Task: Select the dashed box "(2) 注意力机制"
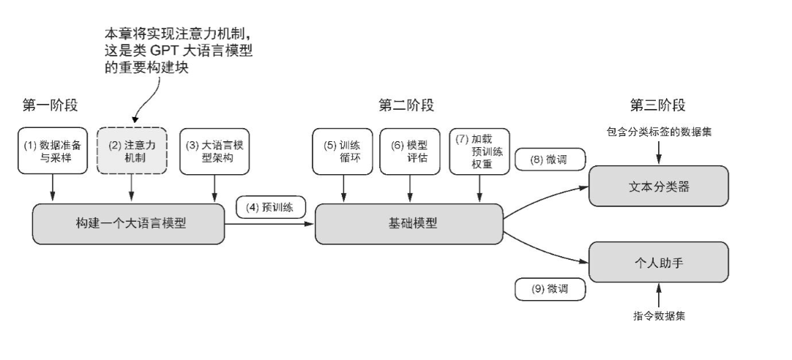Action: point(132,150)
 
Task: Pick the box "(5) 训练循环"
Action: point(342,150)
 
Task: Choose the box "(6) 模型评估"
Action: point(409,150)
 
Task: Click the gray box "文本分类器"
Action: point(660,186)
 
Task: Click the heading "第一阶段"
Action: point(50,105)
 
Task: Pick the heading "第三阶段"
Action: point(657,105)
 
